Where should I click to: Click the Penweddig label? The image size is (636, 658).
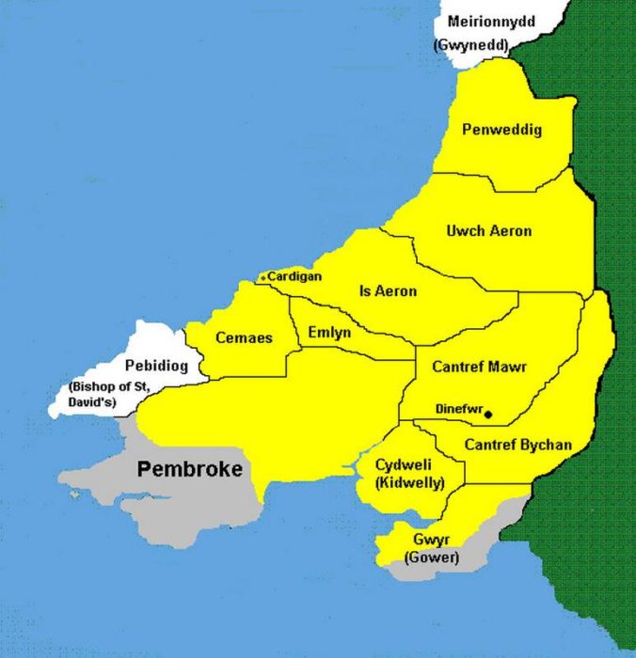tap(501, 131)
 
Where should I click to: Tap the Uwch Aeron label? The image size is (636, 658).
tap(488, 231)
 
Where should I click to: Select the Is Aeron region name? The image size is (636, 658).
tap(388, 291)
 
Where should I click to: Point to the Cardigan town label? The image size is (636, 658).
tap(294, 276)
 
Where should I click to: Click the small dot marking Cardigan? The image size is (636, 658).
tap(262, 277)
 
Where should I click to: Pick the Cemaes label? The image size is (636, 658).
tap(244, 337)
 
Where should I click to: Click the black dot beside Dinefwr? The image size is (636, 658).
tap(487, 413)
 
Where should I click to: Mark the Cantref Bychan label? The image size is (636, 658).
tap(518, 445)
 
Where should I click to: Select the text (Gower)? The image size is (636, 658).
tap(430, 557)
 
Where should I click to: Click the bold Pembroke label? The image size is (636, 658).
tap(191, 469)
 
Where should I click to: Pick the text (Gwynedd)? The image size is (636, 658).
tap(470, 44)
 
